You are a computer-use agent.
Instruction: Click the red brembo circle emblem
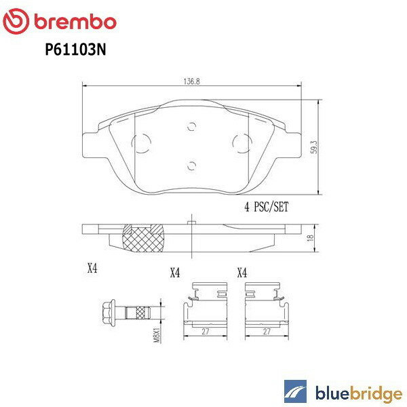pos(16,22)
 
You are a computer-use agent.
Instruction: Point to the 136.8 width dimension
pos(192,79)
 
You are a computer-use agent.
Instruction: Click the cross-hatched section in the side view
pos(143,238)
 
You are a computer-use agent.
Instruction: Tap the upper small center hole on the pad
pos(191,125)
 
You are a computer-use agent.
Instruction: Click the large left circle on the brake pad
pos(142,144)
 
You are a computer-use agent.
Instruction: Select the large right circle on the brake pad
pos(241,143)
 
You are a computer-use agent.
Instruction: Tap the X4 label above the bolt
pos(93,269)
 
